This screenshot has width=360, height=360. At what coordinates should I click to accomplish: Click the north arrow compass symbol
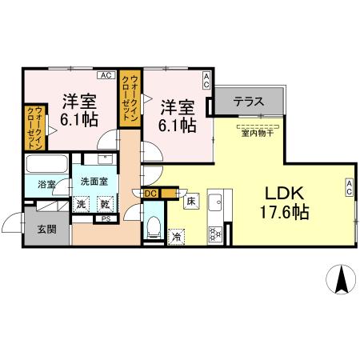click(x=339, y=278)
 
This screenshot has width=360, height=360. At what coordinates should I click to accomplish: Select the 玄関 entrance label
click(x=46, y=230)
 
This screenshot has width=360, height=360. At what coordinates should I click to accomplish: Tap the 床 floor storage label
click(x=192, y=202)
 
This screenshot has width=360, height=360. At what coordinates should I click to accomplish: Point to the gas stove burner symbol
click(x=214, y=234)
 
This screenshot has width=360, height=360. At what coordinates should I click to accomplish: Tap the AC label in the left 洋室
click(x=106, y=75)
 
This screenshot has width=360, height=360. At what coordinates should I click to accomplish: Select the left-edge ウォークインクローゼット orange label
click(x=33, y=126)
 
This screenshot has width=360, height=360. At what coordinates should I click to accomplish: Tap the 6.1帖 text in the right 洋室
click(x=178, y=125)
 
